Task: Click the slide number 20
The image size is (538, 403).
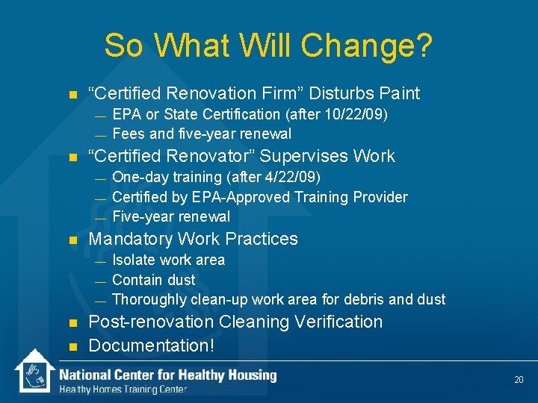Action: [x=519, y=380]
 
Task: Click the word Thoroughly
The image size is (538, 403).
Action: [x=149, y=299]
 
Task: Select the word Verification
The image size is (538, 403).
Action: [x=340, y=322]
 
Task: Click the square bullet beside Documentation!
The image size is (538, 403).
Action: [x=72, y=346]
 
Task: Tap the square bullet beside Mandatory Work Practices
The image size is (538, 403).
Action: [x=72, y=240]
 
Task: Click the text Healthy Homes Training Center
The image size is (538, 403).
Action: [x=123, y=390]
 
